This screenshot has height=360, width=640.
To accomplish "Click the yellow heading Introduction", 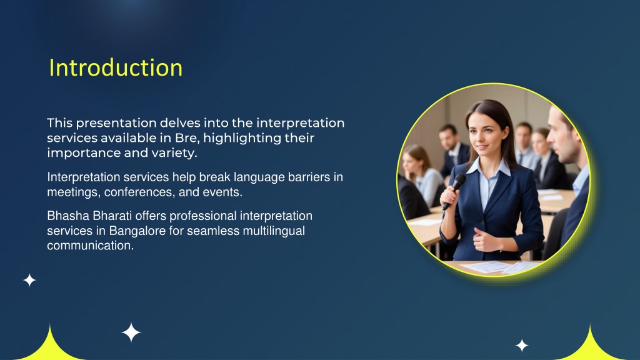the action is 116,67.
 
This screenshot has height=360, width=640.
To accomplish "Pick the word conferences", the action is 139,192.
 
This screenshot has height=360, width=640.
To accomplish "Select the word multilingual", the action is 274,231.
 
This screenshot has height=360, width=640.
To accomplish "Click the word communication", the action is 90,246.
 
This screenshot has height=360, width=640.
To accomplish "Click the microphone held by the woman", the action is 454,191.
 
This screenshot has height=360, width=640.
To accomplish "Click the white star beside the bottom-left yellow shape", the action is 131,332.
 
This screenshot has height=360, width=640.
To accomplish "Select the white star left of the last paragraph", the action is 29,281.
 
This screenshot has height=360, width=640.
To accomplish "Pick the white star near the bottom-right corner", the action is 522,345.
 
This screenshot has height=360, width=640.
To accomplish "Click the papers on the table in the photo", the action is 500,267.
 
